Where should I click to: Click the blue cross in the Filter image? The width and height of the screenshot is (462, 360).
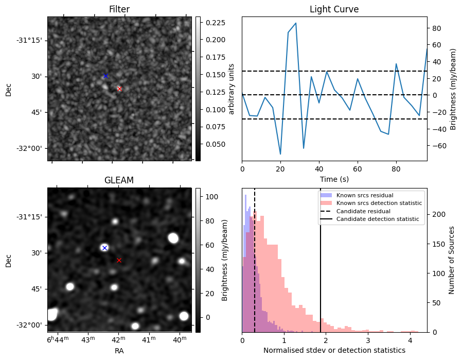[105, 76]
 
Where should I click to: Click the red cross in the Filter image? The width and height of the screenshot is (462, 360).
[119, 89]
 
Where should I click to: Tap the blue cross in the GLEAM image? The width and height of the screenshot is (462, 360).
[104, 248]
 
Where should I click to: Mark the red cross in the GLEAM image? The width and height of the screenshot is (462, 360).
[119, 260]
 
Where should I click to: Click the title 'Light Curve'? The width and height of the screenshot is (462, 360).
[334, 9]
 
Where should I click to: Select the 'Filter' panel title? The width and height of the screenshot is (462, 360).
[119, 9]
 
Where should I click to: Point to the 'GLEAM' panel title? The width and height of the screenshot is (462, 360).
[119, 180]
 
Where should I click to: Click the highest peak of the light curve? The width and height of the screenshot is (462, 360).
[295, 23]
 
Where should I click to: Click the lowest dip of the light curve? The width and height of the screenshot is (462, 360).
[280, 154]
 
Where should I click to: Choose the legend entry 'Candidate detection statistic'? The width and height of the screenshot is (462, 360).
[377, 219]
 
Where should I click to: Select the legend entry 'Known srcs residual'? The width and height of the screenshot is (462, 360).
[364, 195]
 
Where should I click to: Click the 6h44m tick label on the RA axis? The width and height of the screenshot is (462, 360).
[57, 340]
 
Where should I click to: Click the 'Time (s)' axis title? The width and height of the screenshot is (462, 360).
[334, 178]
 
